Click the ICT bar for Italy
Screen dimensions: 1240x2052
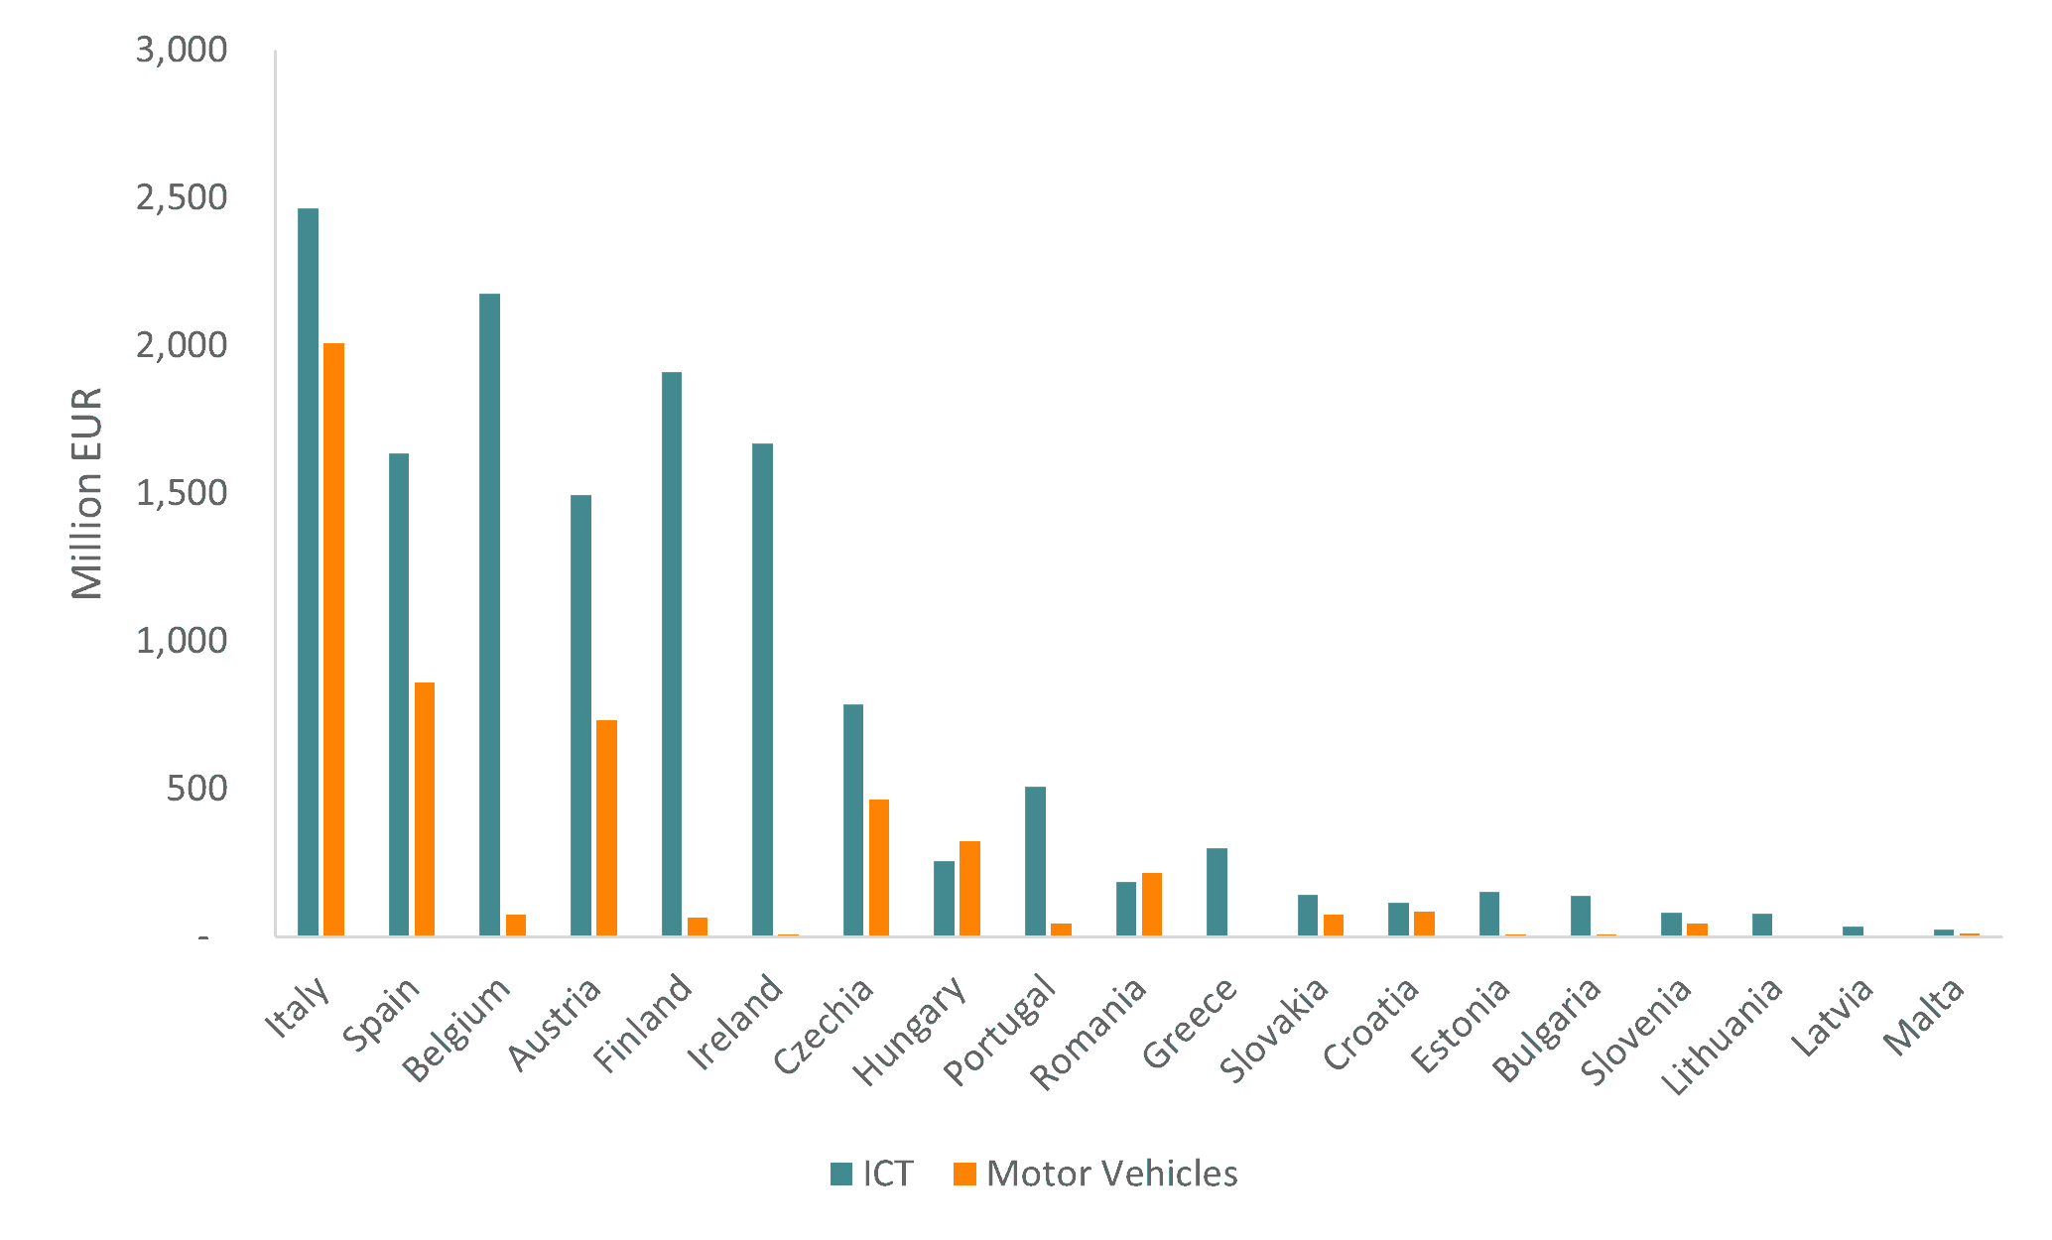[308, 572]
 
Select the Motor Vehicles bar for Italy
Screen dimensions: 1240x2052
[333, 640]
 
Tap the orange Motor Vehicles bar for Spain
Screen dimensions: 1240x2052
[425, 809]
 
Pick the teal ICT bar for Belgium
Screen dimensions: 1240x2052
[489, 615]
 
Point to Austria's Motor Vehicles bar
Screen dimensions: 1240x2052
[606, 828]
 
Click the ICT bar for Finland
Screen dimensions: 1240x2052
[672, 654]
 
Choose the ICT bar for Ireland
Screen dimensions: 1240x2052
[762, 689]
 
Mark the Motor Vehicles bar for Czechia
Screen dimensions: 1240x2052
[879, 868]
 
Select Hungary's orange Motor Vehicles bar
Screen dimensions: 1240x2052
[969, 889]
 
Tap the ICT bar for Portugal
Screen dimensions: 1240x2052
[1035, 861]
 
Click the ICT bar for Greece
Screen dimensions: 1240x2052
[1217, 892]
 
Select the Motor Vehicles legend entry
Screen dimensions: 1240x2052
[1095, 1174]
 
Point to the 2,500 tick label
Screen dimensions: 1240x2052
[182, 198]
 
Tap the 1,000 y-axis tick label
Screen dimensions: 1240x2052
[182, 642]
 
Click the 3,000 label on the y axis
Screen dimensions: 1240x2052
[182, 50]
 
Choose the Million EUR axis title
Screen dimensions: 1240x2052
[87, 493]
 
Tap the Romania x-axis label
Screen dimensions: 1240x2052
[1089, 1033]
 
